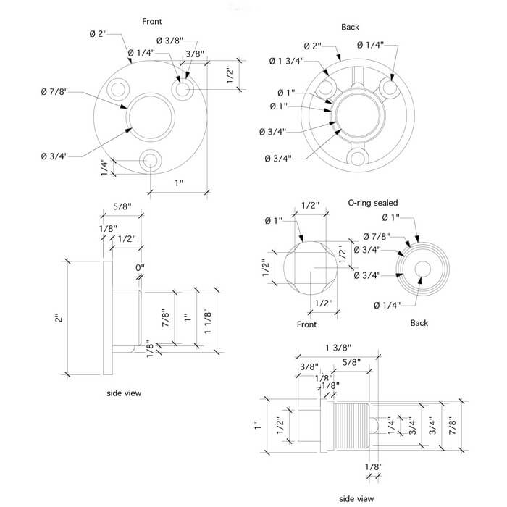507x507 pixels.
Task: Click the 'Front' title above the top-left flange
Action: click(x=152, y=22)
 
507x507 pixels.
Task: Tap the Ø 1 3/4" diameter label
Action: click(x=286, y=60)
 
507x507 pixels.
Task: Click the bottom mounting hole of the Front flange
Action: click(x=151, y=160)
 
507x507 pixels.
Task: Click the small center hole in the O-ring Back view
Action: click(x=422, y=269)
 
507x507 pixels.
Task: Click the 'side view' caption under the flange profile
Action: click(x=124, y=393)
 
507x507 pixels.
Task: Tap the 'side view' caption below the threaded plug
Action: click(x=356, y=498)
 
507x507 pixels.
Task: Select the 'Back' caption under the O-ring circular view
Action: click(x=422, y=323)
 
